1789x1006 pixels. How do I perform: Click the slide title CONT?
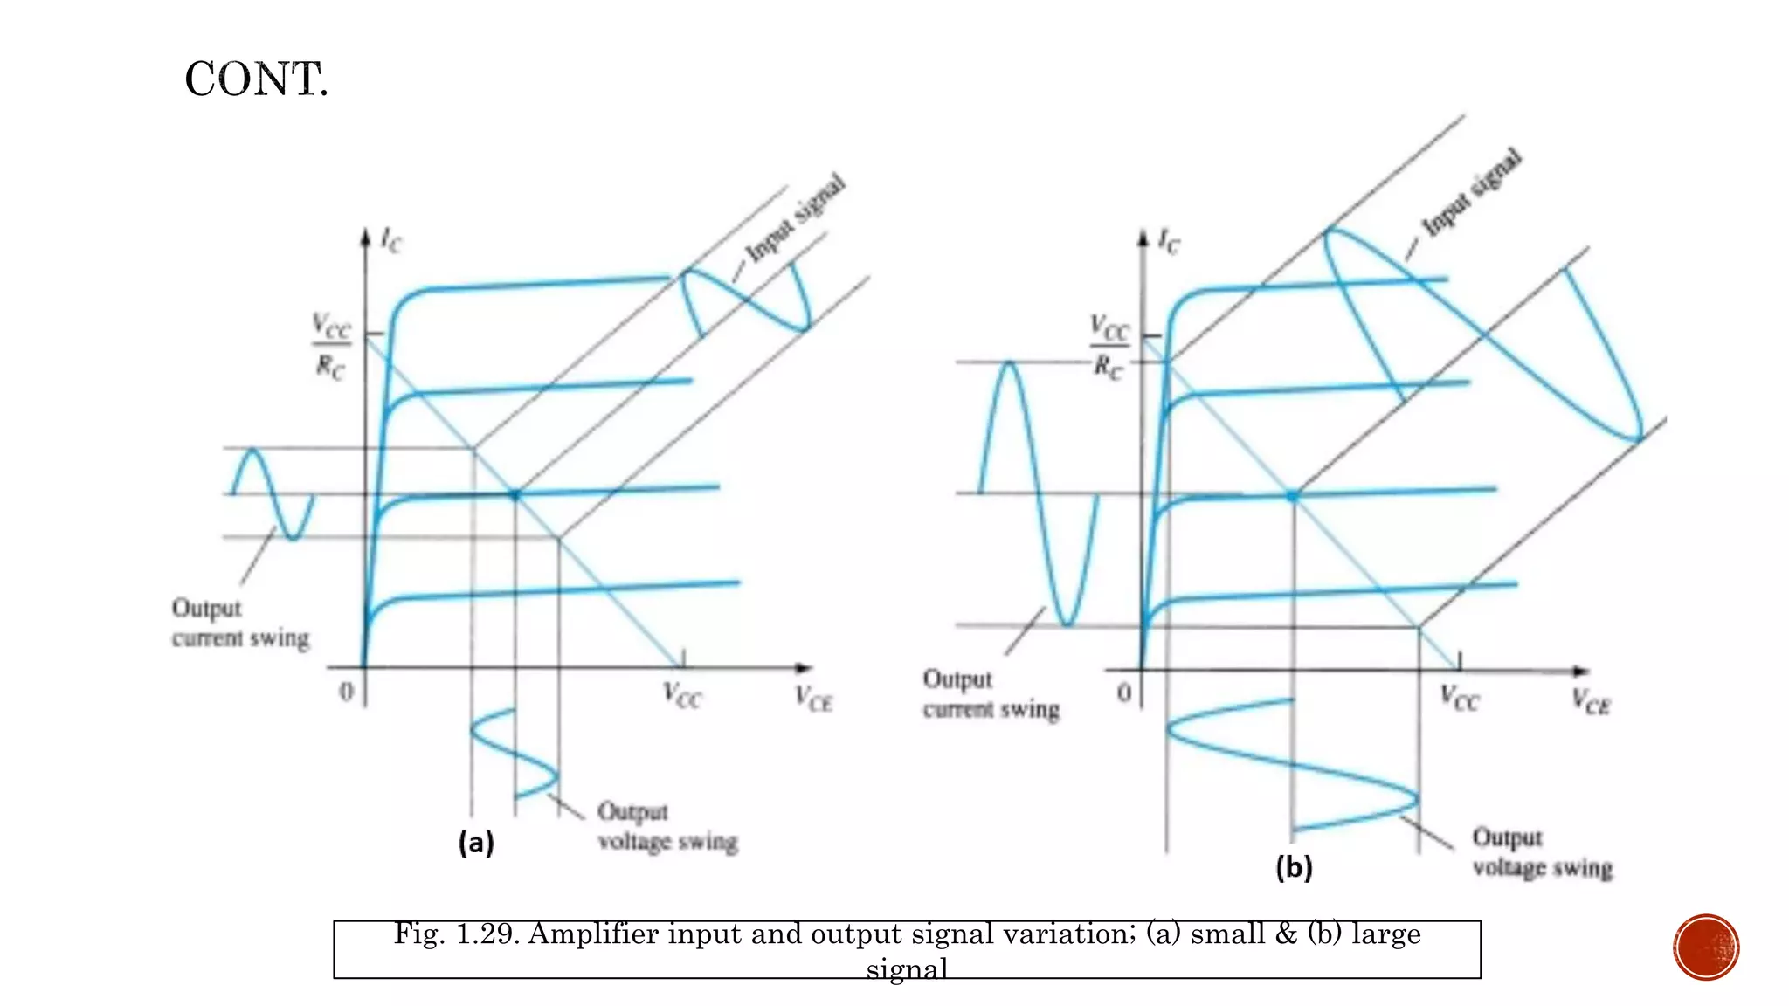(x=256, y=79)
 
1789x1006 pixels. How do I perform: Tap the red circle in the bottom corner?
(x=1706, y=947)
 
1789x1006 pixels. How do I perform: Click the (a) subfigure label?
(x=476, y=843)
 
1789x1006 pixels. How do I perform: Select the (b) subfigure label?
(x=1294, y=867)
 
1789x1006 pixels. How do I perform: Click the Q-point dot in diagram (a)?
(x=515, y=495)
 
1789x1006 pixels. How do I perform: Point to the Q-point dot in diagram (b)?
(x=1293, y=496)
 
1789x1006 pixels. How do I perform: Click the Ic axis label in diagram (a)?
(x=390, y=239)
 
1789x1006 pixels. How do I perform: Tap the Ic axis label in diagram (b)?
(x=1168, y=240)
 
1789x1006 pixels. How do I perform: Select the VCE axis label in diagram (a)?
(x=813, y=699)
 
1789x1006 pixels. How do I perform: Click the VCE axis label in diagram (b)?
(x=1591, y=701)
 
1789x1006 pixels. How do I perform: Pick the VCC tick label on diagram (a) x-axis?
(x=681, y=696)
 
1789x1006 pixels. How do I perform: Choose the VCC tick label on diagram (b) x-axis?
(x=1459, y=698)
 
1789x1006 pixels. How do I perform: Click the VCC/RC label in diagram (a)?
(x=331, y=347)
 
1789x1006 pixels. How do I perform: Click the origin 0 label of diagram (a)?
(x=347, y=692)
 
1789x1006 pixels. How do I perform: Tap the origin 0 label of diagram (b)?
(x=1124, y=693)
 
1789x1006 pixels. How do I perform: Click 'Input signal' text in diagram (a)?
(x=795, y=218)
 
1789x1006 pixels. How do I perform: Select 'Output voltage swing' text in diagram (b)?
(x=1542, y=853)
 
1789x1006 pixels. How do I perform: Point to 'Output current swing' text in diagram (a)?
(x=240, y=624)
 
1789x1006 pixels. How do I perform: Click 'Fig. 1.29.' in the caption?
(x=456, y=934)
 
